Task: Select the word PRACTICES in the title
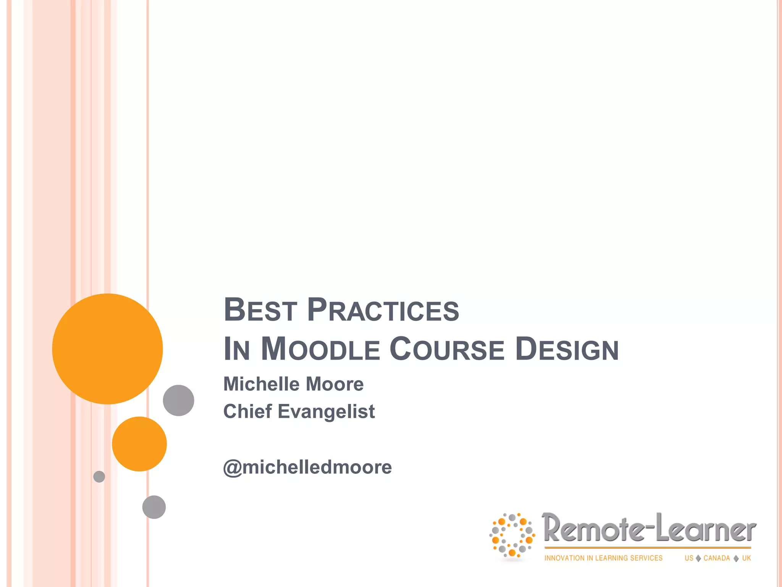[x=383, y=310]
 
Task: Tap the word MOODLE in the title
[x=320, y=349]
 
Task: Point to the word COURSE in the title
[x=447, y=349]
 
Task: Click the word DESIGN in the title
[x=567, y=349]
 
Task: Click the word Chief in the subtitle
[x=247, y=412]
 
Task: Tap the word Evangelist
[x=326, y=412]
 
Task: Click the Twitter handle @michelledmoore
[x=307, y=467]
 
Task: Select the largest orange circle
[x=107, y=349]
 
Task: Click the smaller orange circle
[x=139, y=444]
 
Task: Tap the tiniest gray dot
[x=99, y=477]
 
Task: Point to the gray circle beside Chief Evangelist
[x=178, y=401]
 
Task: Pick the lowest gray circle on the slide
[x=154, y=507]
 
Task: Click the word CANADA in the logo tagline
[x=716, y=558]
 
